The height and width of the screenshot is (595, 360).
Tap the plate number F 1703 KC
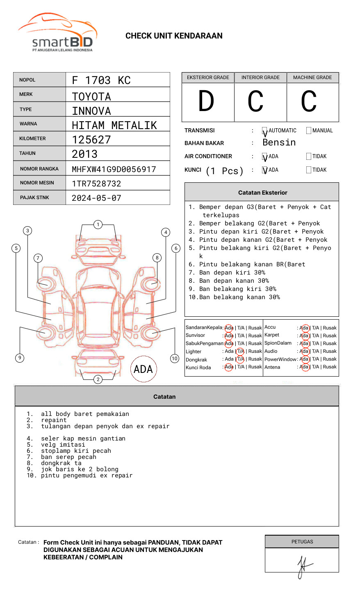point(101,80)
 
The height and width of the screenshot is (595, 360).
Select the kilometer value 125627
point(91,140)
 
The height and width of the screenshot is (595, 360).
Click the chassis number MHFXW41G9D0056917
point(114,169)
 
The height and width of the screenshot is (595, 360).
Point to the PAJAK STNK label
point(34,198)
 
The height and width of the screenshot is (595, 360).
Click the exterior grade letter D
point(206,102)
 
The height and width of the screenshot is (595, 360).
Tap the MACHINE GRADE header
point(312,77)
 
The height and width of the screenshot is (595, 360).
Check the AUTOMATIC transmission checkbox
point(265,131)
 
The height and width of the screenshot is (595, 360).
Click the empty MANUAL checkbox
point(309,131)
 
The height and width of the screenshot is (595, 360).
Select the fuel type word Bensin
point(279,143)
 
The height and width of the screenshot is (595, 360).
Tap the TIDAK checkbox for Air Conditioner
point(309,157)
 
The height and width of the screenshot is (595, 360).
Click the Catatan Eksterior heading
point(262,193)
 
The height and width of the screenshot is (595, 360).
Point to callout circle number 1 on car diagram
point(98,225)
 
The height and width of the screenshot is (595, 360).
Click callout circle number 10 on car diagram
point(175,359)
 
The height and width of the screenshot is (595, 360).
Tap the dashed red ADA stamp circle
point(144,369)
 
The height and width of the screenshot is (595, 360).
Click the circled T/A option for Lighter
point(240,351)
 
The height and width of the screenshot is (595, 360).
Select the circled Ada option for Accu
point(304,328)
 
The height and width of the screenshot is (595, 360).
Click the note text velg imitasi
point(63,445)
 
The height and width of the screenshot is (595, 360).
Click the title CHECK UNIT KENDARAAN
point(174,36)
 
